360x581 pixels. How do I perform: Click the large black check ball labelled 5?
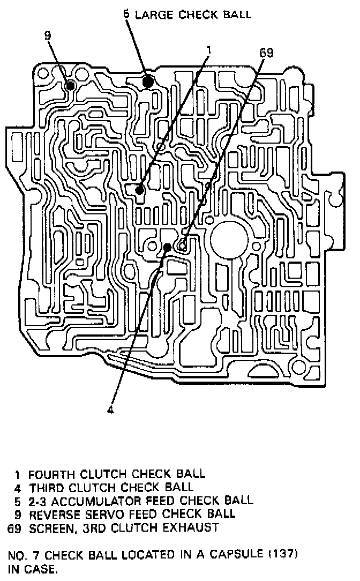tap(148, 81)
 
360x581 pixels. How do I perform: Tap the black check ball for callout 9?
tap(70, 85)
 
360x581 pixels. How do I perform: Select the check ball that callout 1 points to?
tap(139, 190)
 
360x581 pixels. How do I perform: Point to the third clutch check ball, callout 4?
tap(168, 247)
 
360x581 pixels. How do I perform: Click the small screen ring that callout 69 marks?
tap(183, 246)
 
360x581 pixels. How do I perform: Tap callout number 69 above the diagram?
tap(266, 53)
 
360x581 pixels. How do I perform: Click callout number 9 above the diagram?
tap(48, 35)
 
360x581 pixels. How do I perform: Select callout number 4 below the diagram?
tap(111, 411)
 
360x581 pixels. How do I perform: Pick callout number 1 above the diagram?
tap(208, 50)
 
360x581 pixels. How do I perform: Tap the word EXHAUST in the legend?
tap(191, 527)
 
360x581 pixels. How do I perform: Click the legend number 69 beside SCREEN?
tap(14, 527)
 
